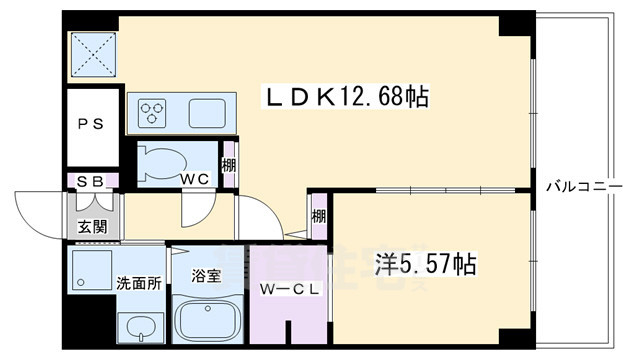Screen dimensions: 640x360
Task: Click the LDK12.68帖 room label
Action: (345, 97)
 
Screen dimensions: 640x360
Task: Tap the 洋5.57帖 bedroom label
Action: (424, 266)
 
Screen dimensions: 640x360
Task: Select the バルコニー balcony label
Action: (587, 186)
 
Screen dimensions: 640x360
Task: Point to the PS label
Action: (90, 127)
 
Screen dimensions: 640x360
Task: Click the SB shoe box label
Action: (89, 181)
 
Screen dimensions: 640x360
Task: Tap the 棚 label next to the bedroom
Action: (319, 216)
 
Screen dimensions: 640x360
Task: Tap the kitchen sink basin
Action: (208, 111)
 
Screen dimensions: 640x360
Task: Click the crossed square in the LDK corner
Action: (90, 56)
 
